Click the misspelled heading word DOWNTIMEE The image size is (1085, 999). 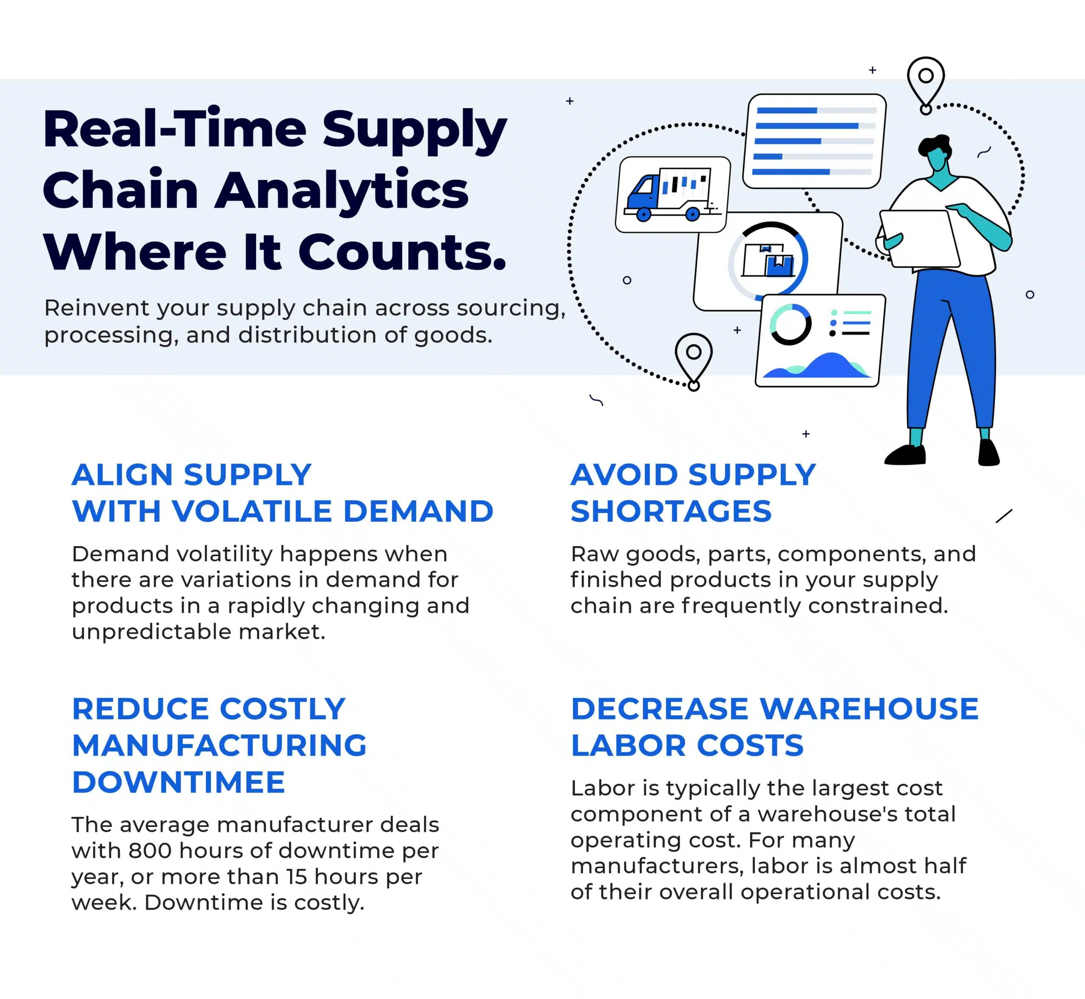tap(178, 782)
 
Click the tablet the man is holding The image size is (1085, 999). tap(919, 238)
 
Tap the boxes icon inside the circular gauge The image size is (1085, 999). tap(768, 260)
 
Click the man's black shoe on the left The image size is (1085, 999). tap(905, 455)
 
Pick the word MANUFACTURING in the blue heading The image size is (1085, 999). tap(220, 745)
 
